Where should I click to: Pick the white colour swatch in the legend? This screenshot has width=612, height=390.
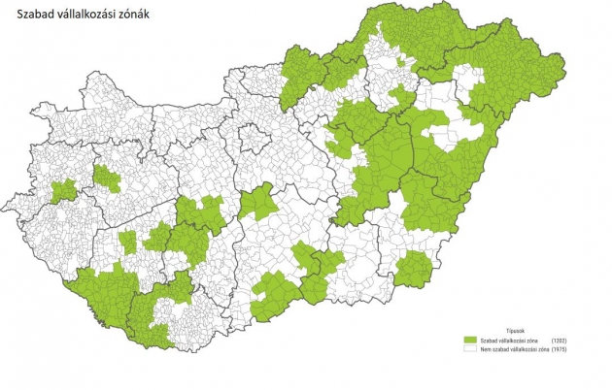[x=471, y=349]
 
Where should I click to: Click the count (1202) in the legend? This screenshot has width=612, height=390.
[x=559, y=341]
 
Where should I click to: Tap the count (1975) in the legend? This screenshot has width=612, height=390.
[x=559, y=349]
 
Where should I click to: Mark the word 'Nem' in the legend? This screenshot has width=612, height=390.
[x=485, y=349]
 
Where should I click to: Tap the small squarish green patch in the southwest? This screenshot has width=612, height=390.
[x=127, y=242]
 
